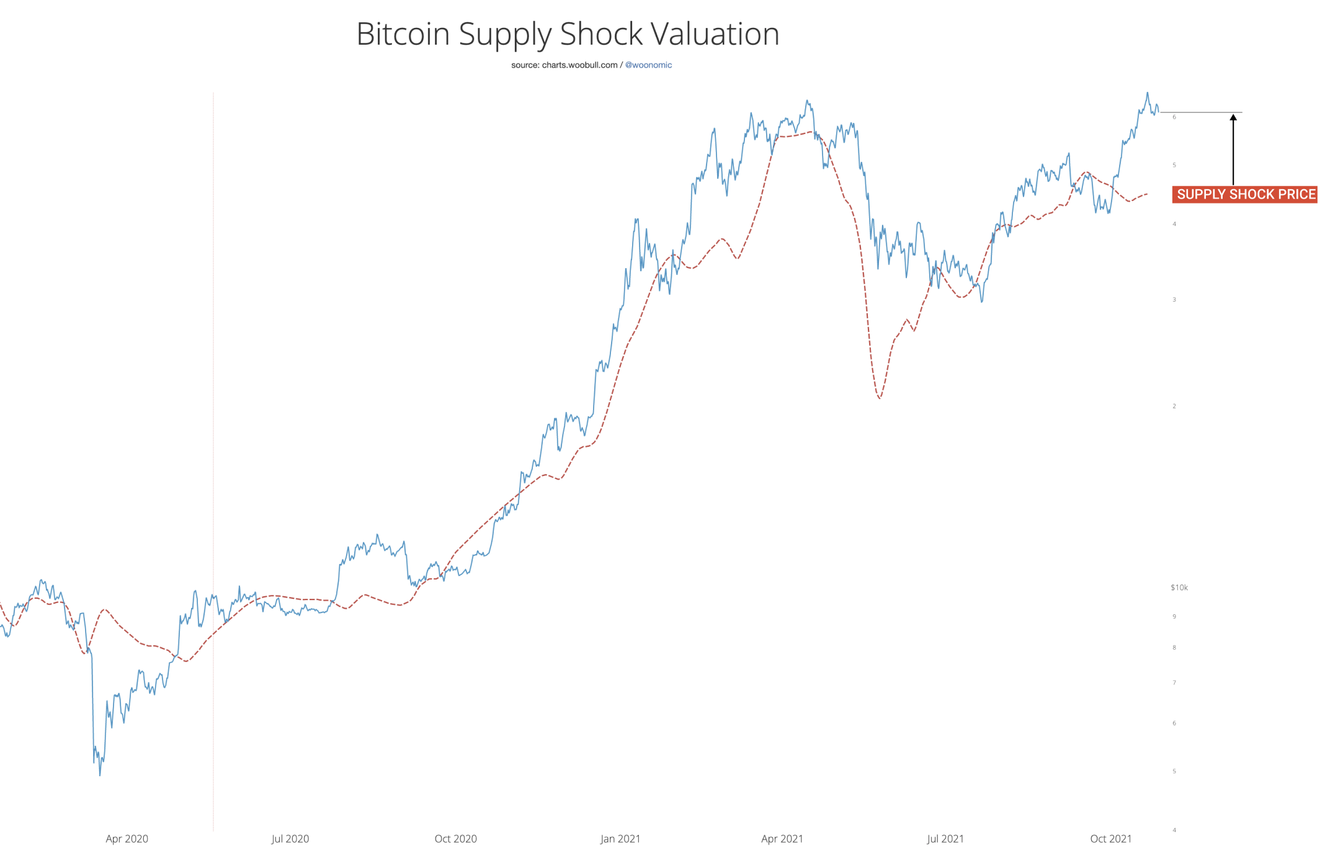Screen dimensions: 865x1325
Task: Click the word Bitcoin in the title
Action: [403, 34]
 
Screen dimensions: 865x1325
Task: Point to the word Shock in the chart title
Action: [601, 34]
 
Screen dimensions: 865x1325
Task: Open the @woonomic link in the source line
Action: [648, 65]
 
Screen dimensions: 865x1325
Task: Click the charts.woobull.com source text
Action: [579, 65]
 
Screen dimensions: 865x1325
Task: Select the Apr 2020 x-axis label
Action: [127, 839]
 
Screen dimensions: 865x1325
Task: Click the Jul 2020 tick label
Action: [290, 839]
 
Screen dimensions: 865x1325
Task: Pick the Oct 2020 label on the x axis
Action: [455, 839]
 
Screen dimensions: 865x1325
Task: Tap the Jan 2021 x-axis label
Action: [620, 839]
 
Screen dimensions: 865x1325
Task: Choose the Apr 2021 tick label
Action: [782, 839]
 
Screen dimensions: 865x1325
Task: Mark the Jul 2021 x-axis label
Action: [945, 839]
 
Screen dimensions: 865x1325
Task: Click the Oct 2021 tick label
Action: [1110, 839]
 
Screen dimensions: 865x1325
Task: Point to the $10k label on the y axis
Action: [1179, 588]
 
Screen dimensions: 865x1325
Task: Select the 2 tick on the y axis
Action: [1174, 406]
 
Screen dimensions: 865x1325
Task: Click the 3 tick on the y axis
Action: [1174, 300]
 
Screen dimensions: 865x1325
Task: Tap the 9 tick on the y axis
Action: [1174, 617]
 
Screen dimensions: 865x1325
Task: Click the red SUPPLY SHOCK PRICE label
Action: [1245, 194]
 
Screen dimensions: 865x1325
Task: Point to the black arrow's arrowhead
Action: [1233, 117]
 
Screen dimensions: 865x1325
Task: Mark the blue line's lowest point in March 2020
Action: [100, 775]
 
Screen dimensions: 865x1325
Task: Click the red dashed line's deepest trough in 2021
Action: [880, 398]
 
